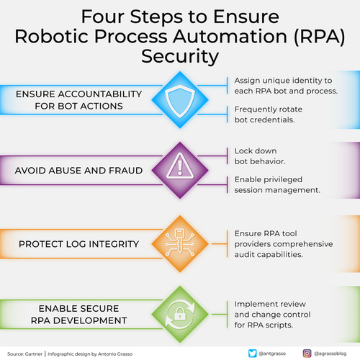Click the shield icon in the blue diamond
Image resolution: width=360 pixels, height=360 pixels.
coord(180,101)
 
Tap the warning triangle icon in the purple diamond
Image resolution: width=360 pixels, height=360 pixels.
coord(180,166)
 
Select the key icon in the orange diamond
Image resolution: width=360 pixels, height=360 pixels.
coord(180,243)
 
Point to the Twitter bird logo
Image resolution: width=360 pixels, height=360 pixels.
coord(252,354)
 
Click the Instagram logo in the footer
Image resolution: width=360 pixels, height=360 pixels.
coord(307,354)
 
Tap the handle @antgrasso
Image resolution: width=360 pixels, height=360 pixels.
coord(272,354)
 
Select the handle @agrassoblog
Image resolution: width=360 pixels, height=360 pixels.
coord(330,354)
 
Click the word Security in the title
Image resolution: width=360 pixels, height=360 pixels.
coord(180,57)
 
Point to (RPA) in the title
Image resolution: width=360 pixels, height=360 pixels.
coord(320,37)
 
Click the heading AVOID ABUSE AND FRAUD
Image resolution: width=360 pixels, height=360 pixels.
coord(78,171)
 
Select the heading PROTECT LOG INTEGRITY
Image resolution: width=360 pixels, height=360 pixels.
coord(78,244)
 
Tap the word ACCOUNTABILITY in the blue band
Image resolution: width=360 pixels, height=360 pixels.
coord(100,94)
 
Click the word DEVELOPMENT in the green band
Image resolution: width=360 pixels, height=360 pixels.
coord(90,320)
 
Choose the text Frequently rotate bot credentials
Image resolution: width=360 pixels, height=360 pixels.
coord(269,114)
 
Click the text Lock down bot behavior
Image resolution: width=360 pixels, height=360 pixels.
coord(260,156)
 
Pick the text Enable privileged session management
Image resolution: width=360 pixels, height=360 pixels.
coord(277,185)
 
